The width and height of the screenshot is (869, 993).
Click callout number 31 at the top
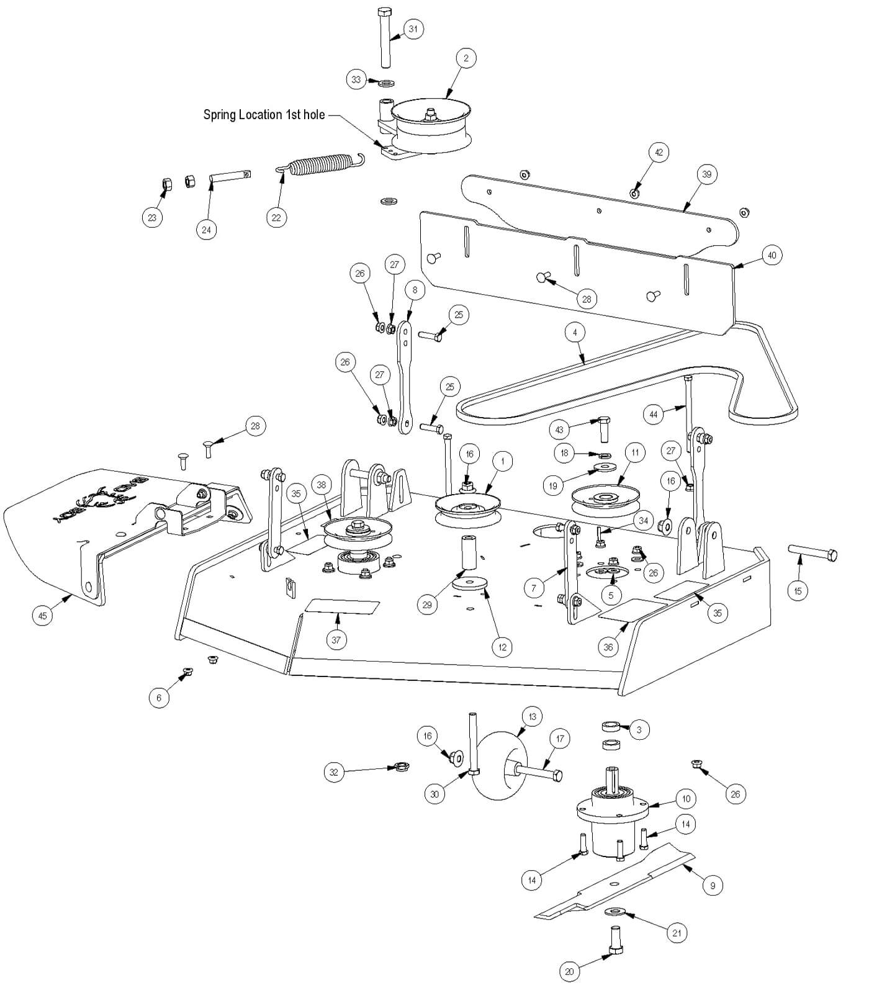point(413,29)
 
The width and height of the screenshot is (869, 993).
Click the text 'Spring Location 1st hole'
point(264,115)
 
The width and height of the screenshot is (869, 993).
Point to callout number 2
point(466,58)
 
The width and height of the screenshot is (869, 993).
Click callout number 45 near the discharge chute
point(42,616)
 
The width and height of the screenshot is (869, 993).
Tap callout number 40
point(772,255)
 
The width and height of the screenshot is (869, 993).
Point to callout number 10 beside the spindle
point(686,799)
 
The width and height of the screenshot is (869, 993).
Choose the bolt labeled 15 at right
point(813,552)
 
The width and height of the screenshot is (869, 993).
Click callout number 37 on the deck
point(336,639)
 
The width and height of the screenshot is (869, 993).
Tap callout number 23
point(152,217)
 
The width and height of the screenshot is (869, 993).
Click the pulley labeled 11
point(605,498)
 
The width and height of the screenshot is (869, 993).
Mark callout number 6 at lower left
point(158,698)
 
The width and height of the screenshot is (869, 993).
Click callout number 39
point(706,174)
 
